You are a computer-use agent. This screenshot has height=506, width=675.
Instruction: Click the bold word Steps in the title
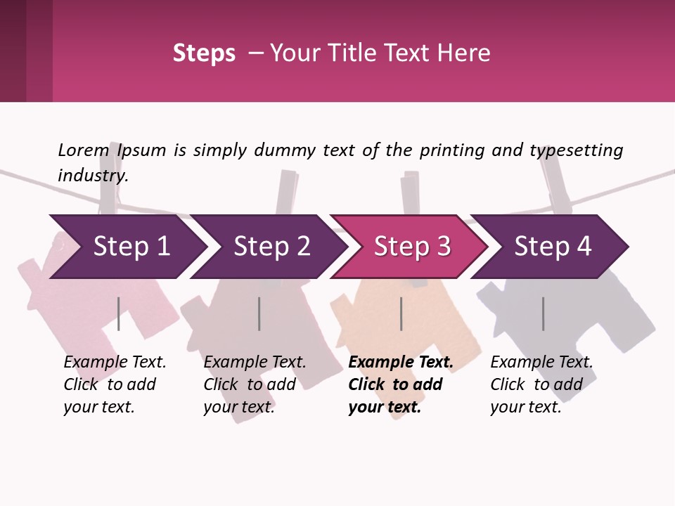pos(204,53)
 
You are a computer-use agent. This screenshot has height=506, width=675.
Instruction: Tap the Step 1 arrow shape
pos(128,247)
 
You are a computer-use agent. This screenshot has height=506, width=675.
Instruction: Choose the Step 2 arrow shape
pos(269,247)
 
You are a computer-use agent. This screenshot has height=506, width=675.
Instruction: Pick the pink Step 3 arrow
pos(409,247)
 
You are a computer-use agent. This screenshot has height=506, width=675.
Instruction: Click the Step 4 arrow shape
pos(549,247)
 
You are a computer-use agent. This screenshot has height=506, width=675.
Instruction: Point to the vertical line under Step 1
pos(118,313)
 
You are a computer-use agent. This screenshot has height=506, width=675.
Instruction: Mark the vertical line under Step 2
pos(259,313)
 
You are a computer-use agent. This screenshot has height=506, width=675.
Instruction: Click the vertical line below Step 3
pos(401,313)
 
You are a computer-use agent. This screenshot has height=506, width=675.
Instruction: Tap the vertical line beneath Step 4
pos(544,313)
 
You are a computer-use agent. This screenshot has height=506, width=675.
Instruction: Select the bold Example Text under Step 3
pos(401,384)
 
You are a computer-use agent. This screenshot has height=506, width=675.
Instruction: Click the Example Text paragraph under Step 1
pos(115,384)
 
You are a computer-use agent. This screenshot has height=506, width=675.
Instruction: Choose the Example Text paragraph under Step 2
pos(255,384)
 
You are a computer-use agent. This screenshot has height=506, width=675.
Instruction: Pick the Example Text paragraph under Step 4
pos(541,384)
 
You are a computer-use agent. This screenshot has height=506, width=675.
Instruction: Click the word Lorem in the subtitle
pos(84,150)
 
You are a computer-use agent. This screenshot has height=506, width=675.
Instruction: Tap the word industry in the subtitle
pos(92,176)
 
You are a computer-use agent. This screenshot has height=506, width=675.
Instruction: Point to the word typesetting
pos(577,151)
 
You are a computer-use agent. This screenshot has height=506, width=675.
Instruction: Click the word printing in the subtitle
pos(452,151)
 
